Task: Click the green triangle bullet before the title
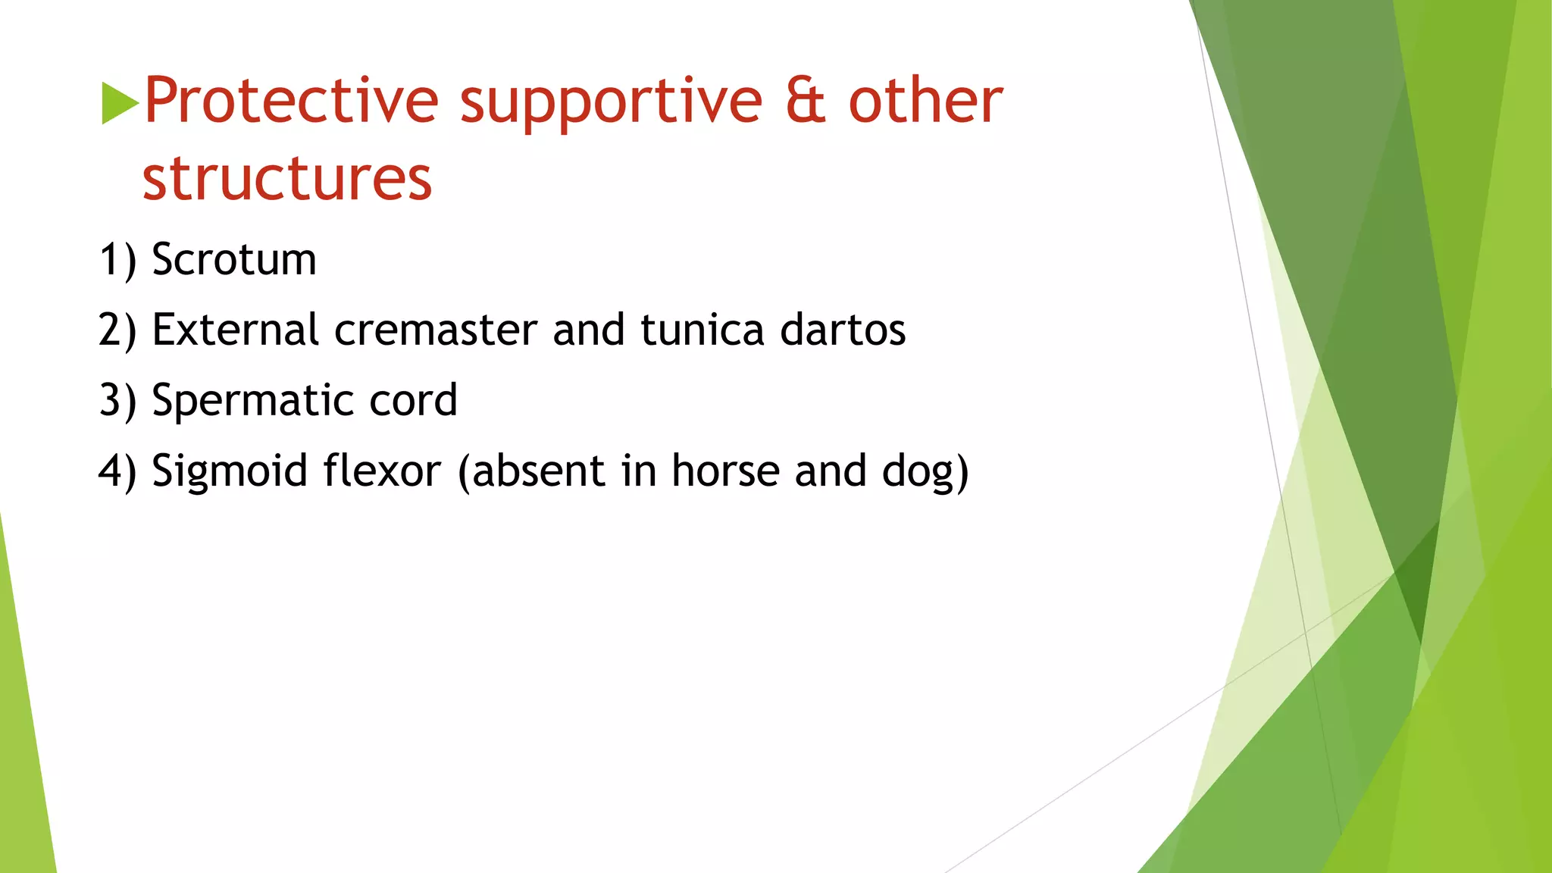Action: coord(120,103)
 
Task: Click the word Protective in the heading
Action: coord(291,101)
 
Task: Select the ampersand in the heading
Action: coord(805,101)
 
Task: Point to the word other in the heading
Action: coord(925,101)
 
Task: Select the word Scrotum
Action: coord(233,260)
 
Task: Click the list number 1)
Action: coord(117,260)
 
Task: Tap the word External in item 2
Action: coord(235,330)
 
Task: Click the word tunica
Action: coord(702,330)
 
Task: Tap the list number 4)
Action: coord(117,471)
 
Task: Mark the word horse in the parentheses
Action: coord(725,471)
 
